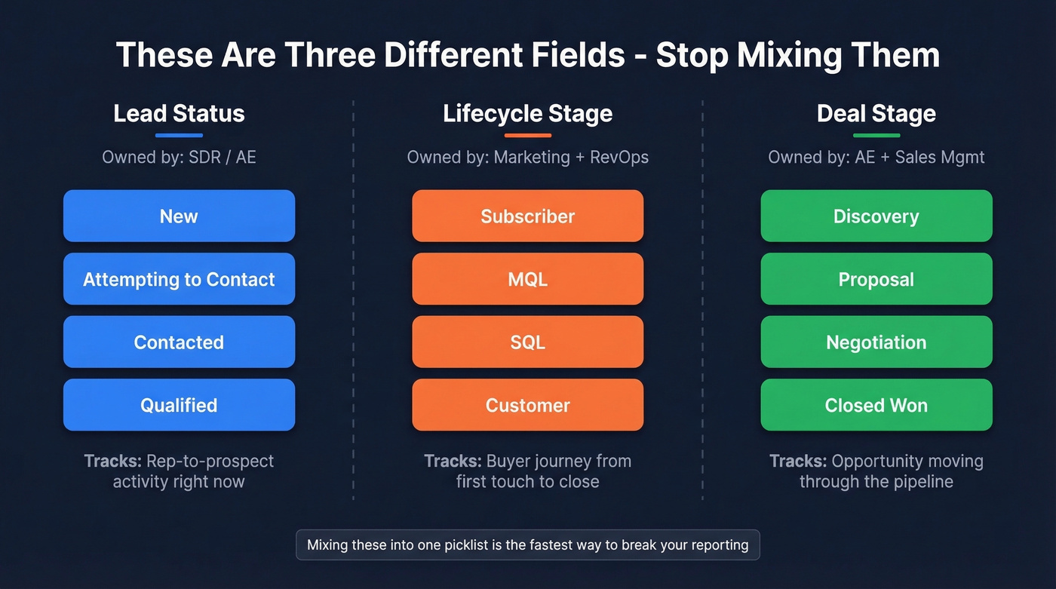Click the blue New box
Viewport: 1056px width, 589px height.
click(x=179, y=216)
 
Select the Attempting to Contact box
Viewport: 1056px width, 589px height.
click(x=179, y=279)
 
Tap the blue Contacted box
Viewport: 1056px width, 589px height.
click(x=179, y=342)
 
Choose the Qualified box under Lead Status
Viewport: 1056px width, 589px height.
click(x=179, y=405)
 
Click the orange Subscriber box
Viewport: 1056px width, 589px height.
click(x=527, y=216)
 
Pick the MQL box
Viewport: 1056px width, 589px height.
click(x=527, y=279)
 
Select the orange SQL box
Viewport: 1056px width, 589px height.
click(x=527, y=342)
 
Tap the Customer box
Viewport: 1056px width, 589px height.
click(x=527, y=405)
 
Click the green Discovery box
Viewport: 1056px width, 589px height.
click(x=876, y=216)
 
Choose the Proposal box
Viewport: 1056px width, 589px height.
click(x=876, y=279)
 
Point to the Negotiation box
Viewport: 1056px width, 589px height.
click(x=876, y=342)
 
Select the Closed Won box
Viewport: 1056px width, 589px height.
click(x=876, y=405)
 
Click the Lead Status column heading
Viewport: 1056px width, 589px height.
click(x=179, y=114)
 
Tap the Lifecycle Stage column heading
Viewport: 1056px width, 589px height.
click(x=527, y=114)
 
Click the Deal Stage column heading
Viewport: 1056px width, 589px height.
click(x=876, y=114)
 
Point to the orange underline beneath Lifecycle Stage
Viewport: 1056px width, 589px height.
click(x=527, y=136)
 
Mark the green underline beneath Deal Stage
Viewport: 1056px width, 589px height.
click(x=876, y=136)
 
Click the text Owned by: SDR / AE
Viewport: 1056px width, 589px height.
click(x=179, y=158)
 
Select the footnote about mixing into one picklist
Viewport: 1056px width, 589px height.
click(x=527, y=545)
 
